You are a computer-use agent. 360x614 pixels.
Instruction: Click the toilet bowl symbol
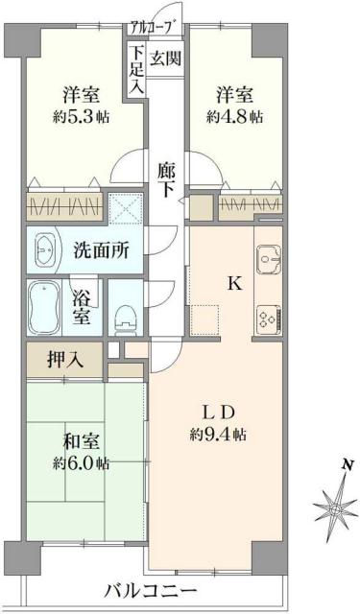tap(122, 314)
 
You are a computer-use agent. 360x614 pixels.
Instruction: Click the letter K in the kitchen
tap(231, 284)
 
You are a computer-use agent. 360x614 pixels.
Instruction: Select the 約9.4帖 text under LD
tap(220, 434)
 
